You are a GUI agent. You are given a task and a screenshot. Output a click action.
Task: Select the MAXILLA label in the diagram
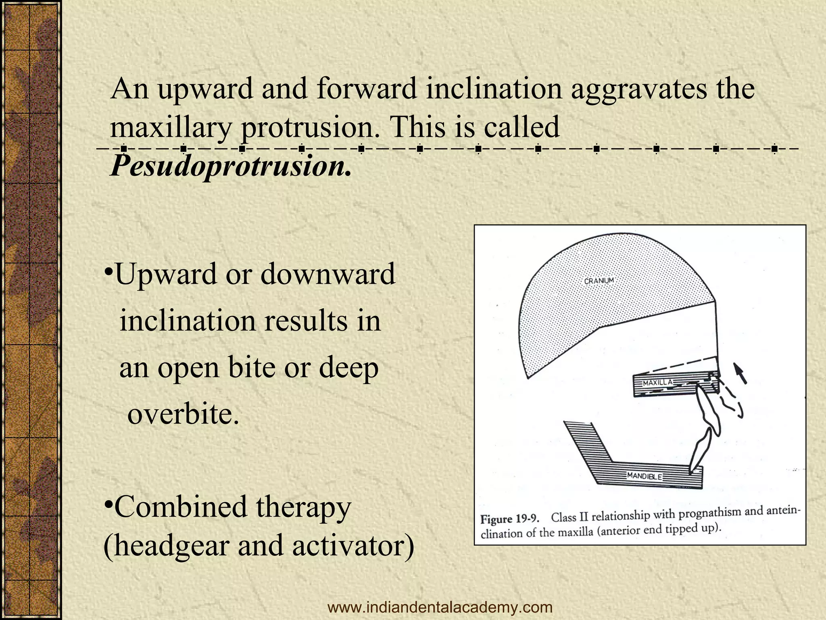pyautogui.click(x=657, y=382)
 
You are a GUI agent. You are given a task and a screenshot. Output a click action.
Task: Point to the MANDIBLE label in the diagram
pyautogui.click(x=645, y=476)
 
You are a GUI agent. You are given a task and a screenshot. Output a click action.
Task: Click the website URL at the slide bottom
pyautogui.click(x=440, y=607)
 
